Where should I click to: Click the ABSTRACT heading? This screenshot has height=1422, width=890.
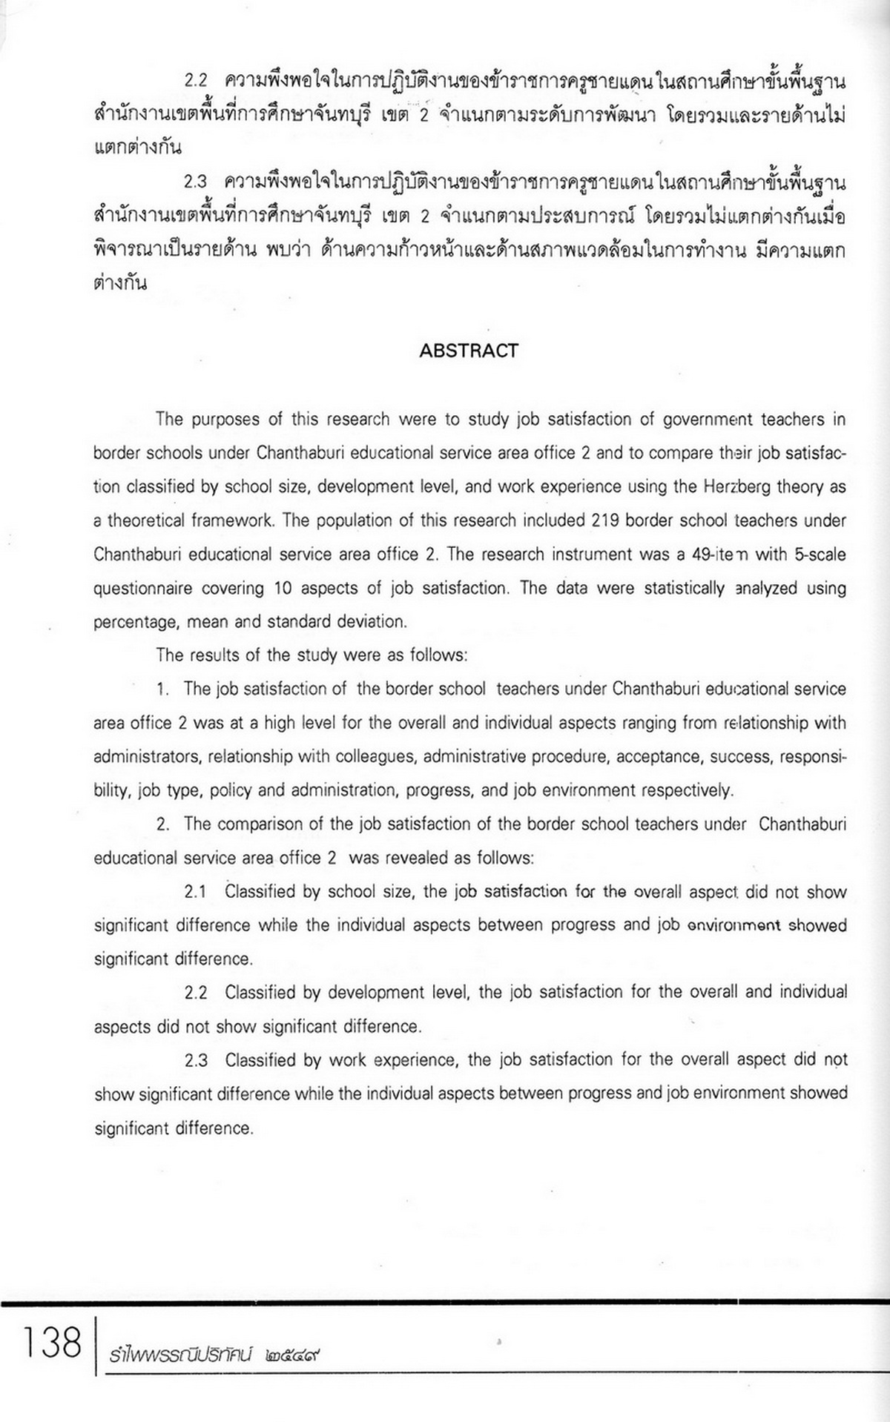tap(468, 351)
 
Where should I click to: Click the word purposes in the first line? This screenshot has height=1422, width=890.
tap(224, 420)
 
